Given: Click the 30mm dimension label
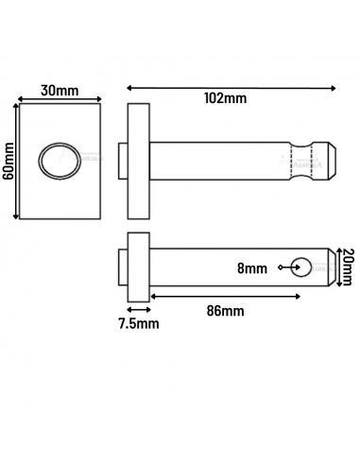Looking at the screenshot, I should click(x=58, y=92).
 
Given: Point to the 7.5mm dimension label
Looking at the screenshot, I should click(x=139, y=323).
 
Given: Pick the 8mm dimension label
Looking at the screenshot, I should click(x=251, y=268).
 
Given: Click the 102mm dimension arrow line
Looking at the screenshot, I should click(x=231, y=87).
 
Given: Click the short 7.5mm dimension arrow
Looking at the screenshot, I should click(x=138, y=309).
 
